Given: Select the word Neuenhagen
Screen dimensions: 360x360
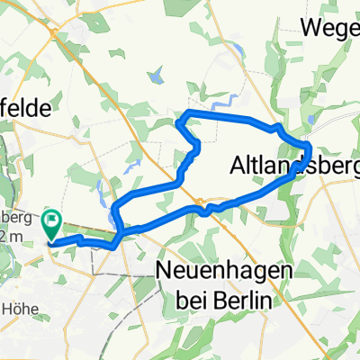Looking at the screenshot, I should tap(213, 269).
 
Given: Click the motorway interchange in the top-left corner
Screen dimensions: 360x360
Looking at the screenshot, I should tap(58, 31).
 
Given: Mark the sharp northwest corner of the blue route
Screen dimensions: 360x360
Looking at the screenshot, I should tap(185, 112).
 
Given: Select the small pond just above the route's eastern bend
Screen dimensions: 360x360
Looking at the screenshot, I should tap(310, 118).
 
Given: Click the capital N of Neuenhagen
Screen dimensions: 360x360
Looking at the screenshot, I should tap(164, 269).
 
